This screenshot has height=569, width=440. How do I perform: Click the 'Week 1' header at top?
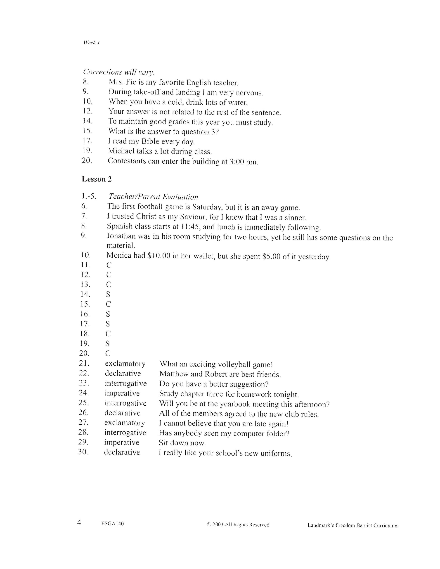92,42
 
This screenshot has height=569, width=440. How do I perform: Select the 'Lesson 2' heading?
97,179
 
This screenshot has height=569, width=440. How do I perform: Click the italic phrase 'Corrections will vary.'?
119,72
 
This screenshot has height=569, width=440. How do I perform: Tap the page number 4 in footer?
79,522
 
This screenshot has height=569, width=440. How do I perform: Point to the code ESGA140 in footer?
113,523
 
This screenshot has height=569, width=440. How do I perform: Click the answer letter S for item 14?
108,294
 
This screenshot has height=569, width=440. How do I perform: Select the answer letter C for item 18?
108,334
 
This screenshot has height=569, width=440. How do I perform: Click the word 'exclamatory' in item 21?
125,363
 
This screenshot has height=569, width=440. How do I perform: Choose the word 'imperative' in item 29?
122,442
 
